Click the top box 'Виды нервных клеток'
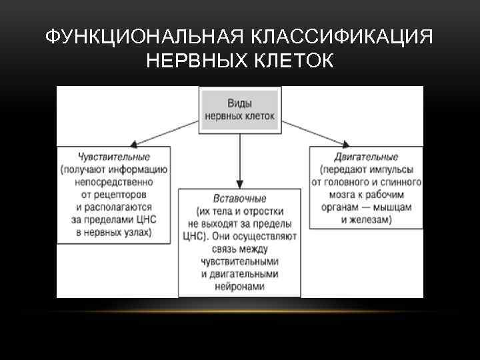[239, 109]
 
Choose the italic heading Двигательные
[365, 157]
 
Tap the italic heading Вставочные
[239, 199]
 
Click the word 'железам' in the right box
[371, 219]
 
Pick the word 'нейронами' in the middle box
[239, 287]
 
